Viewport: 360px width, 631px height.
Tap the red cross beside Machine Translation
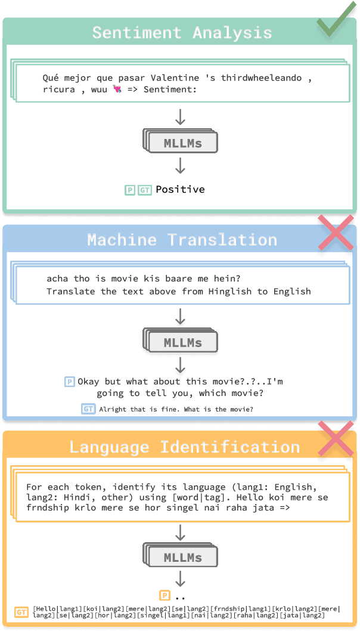[336, 233]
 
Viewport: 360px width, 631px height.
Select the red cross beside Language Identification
[336, 439]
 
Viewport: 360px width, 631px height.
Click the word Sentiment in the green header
[137, 33]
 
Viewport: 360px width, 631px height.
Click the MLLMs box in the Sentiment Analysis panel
[182, 143]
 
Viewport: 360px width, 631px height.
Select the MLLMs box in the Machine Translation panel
[182, 343]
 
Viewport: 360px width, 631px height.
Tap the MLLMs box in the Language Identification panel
[182, 558]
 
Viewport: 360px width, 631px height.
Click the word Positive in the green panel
[180, 190]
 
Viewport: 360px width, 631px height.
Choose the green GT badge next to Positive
[145, 190]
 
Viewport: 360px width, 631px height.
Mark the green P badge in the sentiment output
[129, 190]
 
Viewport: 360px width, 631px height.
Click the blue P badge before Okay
[70, 382]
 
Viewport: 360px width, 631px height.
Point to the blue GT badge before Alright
[88, 409]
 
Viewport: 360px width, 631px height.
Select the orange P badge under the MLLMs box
[165, 595]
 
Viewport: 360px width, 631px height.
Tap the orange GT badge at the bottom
[22, 612]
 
